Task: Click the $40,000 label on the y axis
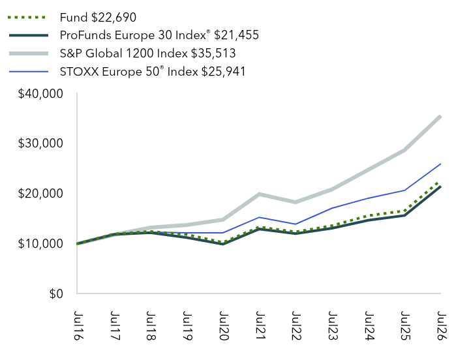tap(40, 94)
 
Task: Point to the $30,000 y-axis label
tap(40, 143)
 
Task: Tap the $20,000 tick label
tap(40, 193)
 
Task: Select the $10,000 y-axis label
tap(40, 243)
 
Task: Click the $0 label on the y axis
tap(56, 293)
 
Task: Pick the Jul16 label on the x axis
tap(78, 325)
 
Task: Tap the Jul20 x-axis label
tap(224, 325)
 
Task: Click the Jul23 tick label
tap(333, 325)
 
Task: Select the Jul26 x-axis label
tap(442, 325)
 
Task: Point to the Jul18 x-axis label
tap(151, 325)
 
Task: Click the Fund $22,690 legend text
tap(98, 18)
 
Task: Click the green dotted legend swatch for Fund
tap(27, 18)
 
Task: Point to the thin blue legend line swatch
tap(29, 72)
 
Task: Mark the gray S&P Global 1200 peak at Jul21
tap(259, 194)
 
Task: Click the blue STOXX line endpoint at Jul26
tap(440, 164)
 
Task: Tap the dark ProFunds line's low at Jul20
tap(222, 244)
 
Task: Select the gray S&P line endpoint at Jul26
tap(440, 117)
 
